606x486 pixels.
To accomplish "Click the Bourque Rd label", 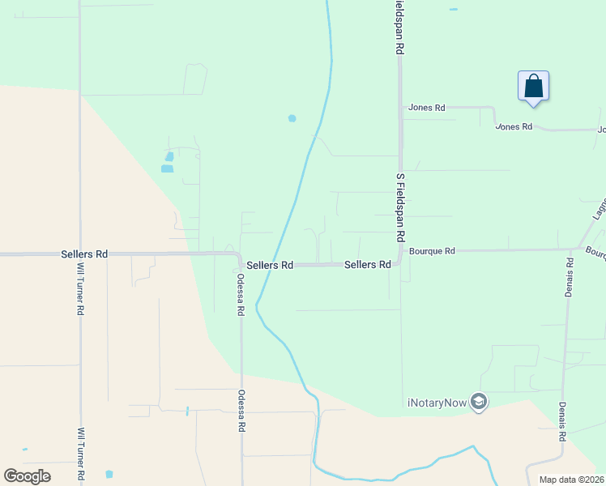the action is click(x=432, y=251).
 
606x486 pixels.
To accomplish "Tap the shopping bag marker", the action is click(x=533, y=86).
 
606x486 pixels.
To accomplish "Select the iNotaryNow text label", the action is click(x=437, y=403).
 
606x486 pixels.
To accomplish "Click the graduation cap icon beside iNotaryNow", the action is click(x=479, y=402).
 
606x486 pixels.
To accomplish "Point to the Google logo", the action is click(x=27, y=476).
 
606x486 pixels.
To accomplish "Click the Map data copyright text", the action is click(x=571, y=480).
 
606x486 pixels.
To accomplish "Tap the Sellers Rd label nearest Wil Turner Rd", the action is click(x=84, y=254).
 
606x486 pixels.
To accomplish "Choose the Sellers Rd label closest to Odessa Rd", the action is click(x=270, y=266).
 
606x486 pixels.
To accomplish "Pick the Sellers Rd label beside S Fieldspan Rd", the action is click(x=368, y=265).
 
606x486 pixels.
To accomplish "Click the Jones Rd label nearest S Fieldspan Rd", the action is click(x=427, y=108).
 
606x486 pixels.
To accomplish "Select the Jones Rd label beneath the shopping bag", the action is click(x=514, y=127).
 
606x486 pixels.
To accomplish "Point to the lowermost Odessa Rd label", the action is click(x=241, y=411).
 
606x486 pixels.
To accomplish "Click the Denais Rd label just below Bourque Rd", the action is click(x=570, y=278).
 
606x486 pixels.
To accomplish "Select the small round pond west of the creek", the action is click(x=292, y=118).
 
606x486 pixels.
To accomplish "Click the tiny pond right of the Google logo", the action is click(x=109, y=474).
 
